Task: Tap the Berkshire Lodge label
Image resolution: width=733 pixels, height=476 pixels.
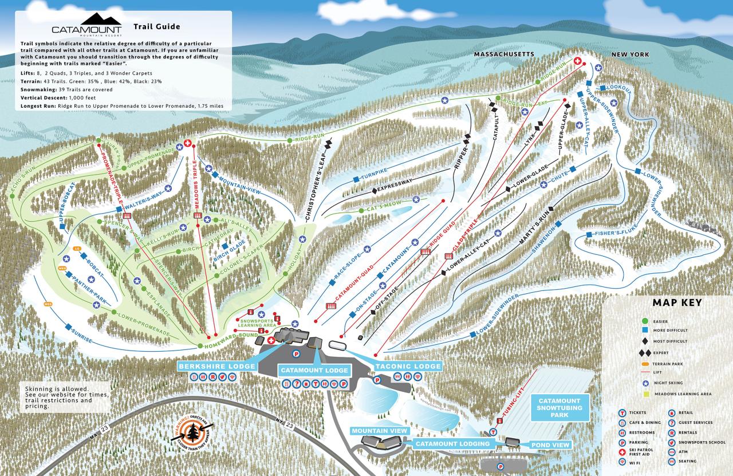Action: (x=216, y=366)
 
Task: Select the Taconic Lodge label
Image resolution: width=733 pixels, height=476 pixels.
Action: (x=408, y=366)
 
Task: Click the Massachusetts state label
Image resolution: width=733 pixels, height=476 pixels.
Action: (x=504, y=54)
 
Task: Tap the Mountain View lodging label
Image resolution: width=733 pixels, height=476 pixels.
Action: (x=380, y=430)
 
